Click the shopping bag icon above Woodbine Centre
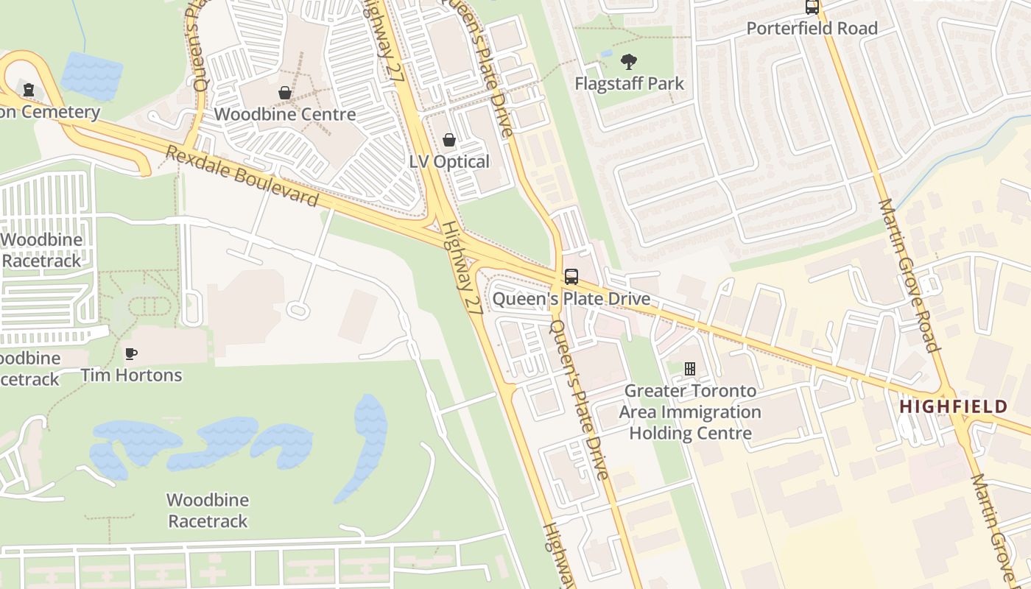284,93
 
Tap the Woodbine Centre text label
284,114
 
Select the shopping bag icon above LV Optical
448,140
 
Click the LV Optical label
448,161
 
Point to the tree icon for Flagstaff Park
629,62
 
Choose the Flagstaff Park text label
629,83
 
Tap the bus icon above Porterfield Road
812,7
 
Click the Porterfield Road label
812,28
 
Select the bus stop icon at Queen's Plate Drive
571,277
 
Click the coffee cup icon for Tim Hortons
131,354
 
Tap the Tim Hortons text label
131,375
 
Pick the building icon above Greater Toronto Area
690,368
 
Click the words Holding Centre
690,432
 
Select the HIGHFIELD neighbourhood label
953,406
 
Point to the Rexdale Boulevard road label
242,177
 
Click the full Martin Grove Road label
910,275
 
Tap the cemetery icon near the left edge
29,91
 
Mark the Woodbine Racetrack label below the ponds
208,510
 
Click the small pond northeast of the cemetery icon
91,76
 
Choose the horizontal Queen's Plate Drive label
571,298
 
